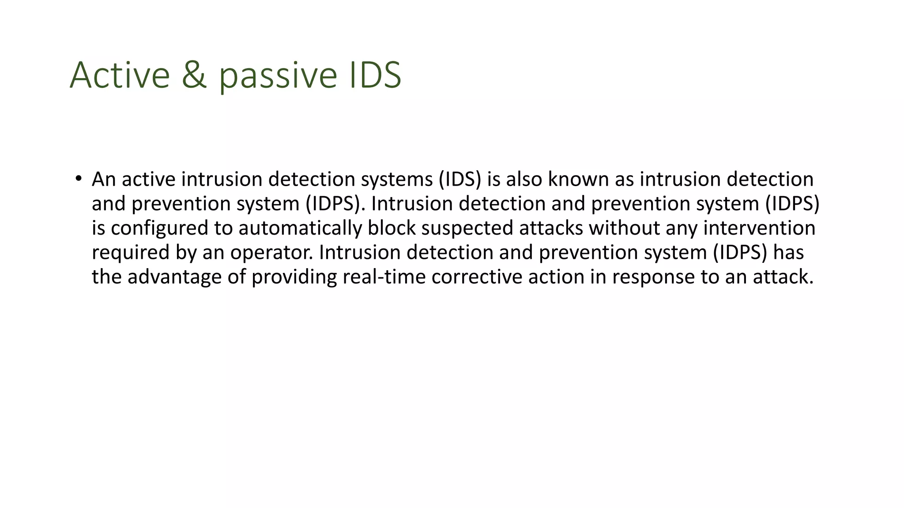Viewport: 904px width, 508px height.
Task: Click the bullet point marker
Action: [x=78, y=179]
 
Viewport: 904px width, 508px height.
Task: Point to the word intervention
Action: [x=759, y=228]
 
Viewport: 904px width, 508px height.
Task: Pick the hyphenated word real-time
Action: [x=384, y=277]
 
